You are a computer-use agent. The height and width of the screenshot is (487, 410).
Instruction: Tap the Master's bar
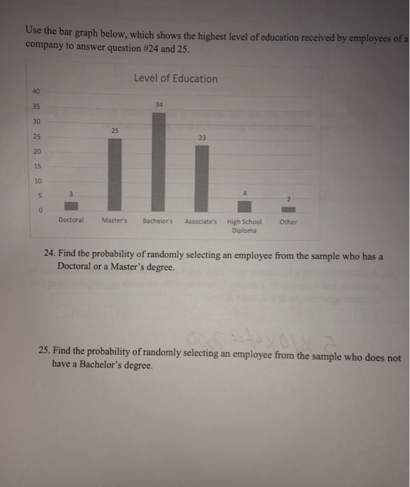(x=115, y=174)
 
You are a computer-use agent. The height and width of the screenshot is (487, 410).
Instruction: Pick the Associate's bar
(x=202, y=177)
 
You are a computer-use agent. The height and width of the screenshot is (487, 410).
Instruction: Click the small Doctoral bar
(x=72, y=206)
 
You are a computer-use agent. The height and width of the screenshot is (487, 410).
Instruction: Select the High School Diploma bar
(x=244, y=206)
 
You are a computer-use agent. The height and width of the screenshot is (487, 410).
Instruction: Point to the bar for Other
(x=288, y=207)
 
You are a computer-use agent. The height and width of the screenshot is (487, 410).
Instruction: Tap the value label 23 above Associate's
(x=202, y=137)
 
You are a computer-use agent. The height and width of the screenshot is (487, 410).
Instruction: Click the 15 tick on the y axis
(x=37, y=165)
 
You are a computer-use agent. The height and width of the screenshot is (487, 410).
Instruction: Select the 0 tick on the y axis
(x=40, y=209)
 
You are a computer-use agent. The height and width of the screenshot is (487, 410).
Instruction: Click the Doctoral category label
(x=72, y=222)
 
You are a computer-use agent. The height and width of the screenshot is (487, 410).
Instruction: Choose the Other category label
(x=288, y=223)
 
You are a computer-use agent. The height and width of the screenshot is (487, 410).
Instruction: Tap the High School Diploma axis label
(x=244, y=226)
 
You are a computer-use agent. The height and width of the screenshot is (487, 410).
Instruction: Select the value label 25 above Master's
(x=115, y=131)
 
